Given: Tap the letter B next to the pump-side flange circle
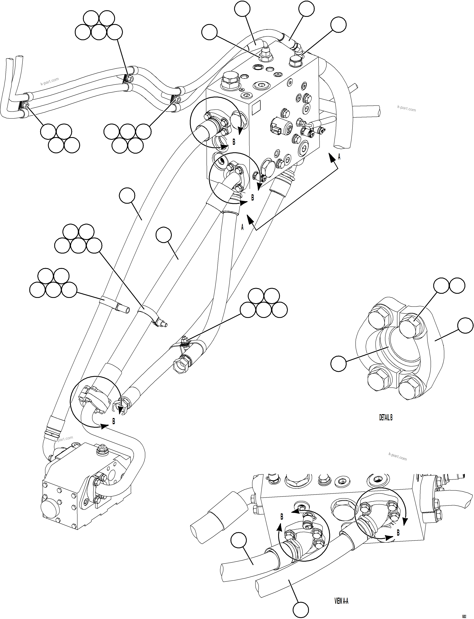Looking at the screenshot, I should (114, 421).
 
